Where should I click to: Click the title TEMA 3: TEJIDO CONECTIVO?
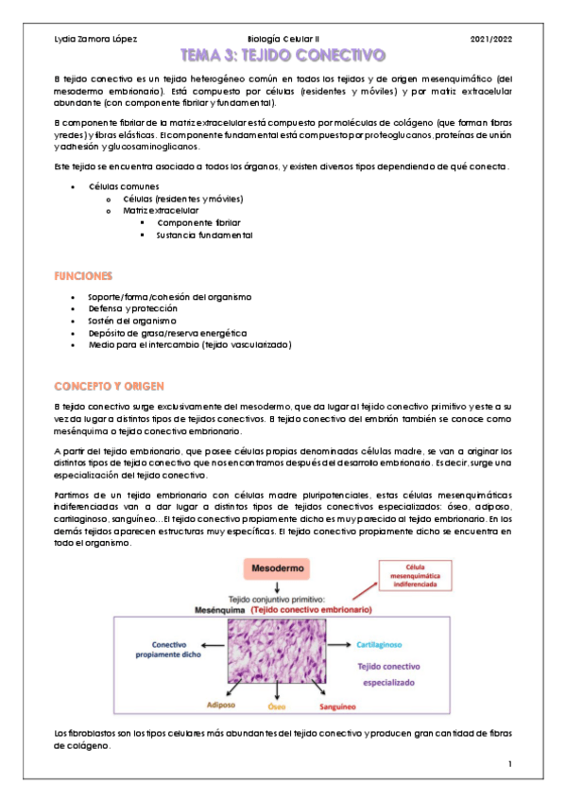[283, 56]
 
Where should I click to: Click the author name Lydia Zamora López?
[96, 39]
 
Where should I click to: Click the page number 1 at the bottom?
[508, 763]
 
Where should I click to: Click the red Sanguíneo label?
[337, 706]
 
